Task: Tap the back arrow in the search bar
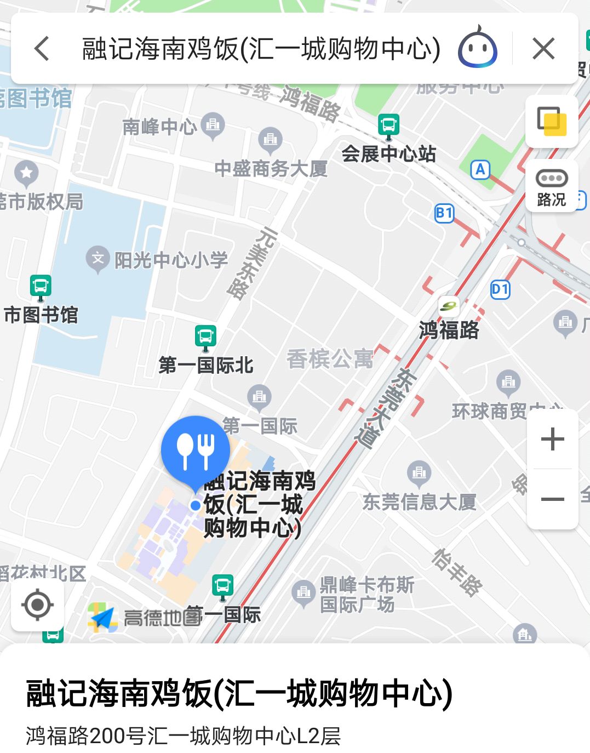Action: click(x=42, y=49)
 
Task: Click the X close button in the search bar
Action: click(x=543, y=49)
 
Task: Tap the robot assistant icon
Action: click(x=478, y=49)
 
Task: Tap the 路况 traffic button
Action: click(x=552, y=186)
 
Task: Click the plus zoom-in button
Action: click(x=552, y=440)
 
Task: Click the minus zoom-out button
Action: click(x=552, y=499)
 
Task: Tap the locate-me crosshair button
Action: click(x=37, y=605)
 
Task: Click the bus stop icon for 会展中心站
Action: click(x=388, y=125)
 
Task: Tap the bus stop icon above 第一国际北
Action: click(x=205, y=336)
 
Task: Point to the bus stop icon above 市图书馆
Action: click(x=41, y=286)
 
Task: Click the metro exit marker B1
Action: click(x=444, y=213)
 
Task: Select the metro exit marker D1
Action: click(x=500, y=289)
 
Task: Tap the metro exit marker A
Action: click(x=480, y=170)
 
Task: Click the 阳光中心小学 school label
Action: click(x=170, y=260)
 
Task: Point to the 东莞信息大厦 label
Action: click(x=419, y=501)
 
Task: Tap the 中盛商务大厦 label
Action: click(x=271, y=168)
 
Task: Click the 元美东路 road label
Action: click(x=253, y=263)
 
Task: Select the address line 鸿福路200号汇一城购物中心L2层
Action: click(x=184, y=735)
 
